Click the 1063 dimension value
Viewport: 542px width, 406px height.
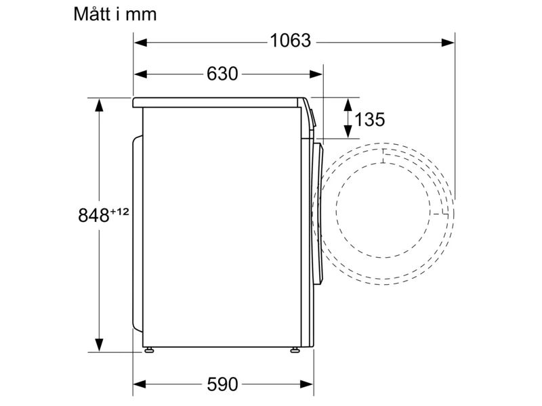pyautogui.click(x=291, y=41)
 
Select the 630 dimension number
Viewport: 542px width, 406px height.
pyautogui.click(x=222, y=74)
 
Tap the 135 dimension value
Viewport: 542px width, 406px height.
pyautogui.click(x=369, y=120)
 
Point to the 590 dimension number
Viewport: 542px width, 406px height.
pyautogui.click(x=222, y=384)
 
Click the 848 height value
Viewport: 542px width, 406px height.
pyautogui.click(x=93, y=215)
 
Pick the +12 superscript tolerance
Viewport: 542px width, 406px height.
pyautogui.click(x=119, y=211)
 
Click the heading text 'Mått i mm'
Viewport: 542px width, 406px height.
pyautogui.click(x=115, y=14)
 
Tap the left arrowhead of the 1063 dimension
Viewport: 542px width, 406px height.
pyautogui.click(x=140, y=43)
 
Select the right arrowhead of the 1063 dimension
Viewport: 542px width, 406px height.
pyautogui.click(x=448, y=43)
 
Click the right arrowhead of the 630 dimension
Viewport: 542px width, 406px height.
pyautogui.click(x=316, y=74)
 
